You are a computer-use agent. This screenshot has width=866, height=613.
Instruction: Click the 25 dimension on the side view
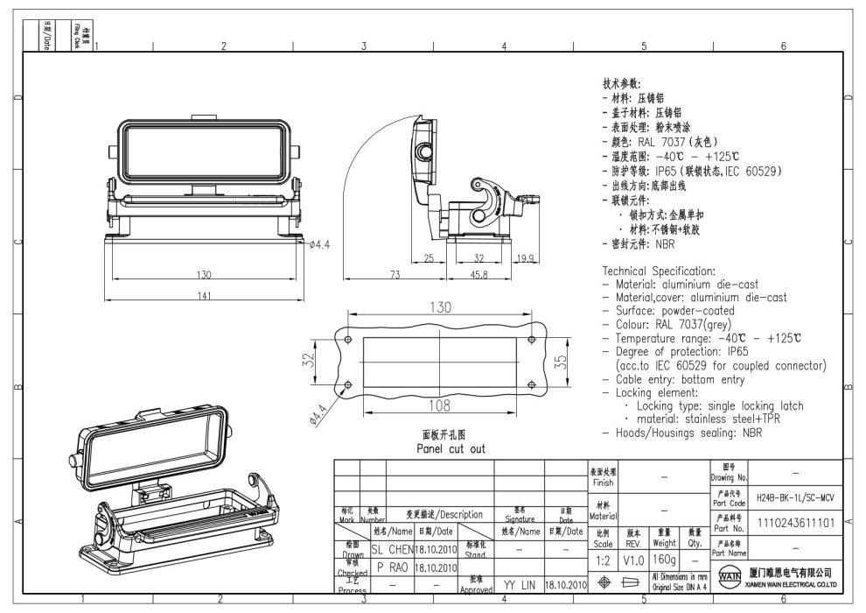coord(429,257)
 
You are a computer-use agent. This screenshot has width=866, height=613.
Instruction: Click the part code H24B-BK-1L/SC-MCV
coord(795,496)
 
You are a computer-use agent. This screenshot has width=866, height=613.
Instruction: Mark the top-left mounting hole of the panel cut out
coord(349,339)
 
